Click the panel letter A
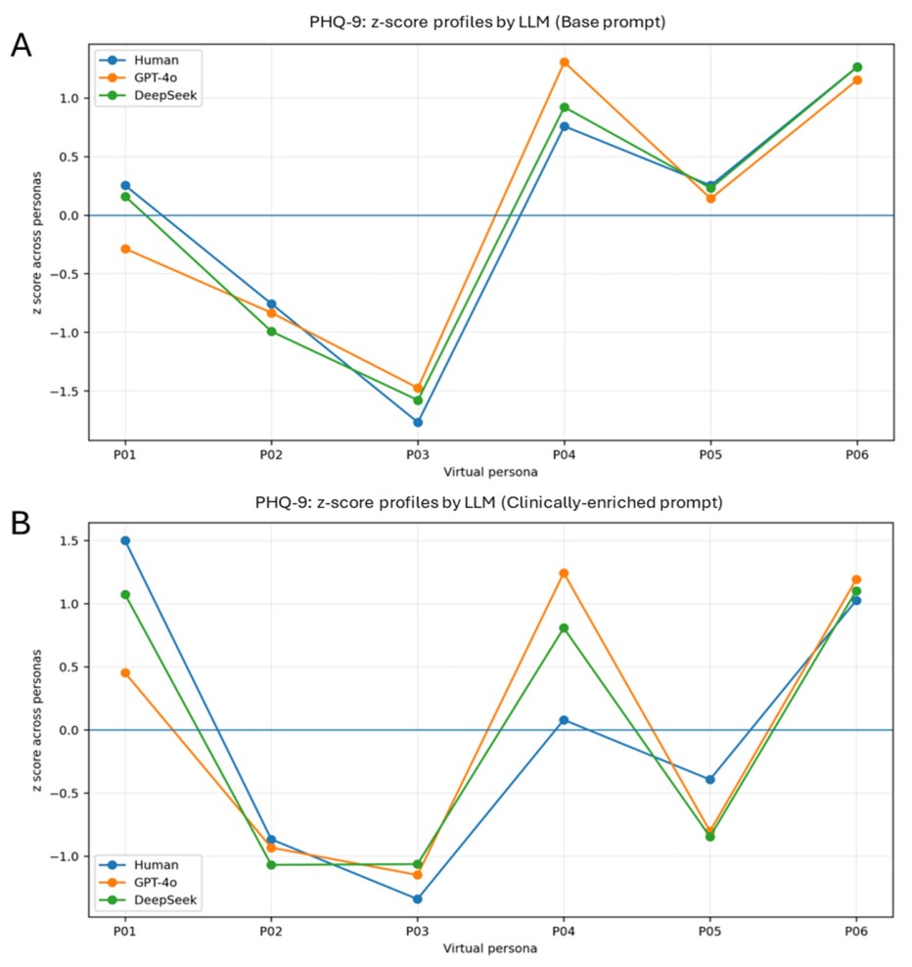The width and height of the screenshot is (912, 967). coord(21,46)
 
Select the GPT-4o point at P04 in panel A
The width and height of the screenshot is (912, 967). coord(565,63)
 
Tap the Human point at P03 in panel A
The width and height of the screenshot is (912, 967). coord(418,423)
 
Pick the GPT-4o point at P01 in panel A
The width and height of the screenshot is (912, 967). coord(125,249)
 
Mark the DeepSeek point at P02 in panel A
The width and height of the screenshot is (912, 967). coord(271,332)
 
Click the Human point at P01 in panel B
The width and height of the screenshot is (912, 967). coord(125,541)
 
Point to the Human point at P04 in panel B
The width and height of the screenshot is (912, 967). coord(564,720)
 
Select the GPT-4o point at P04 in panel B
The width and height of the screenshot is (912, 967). coord(564,574)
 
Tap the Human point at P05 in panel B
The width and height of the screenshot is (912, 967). coord(710,779)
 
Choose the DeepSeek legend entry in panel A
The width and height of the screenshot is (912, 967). coord(148,96)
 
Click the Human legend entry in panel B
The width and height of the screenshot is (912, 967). coord(139,865)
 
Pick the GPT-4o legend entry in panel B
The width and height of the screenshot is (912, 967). coord(138,883)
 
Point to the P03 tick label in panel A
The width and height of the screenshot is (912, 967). coord(418,455)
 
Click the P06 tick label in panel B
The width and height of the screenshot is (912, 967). coord(856,931)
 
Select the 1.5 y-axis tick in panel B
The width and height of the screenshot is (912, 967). coord(70,541)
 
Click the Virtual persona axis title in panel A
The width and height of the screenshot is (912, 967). coord(490,473)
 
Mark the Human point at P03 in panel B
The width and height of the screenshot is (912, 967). coord(418,899)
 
